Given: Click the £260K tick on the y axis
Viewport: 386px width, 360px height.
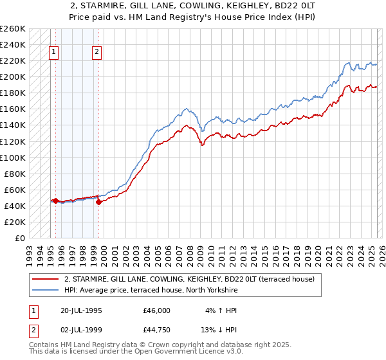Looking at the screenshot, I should click(13, 29).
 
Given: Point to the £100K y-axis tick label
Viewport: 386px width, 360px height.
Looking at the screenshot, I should click(13, 157).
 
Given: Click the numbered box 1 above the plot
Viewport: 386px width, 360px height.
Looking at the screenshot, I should click(55, 53).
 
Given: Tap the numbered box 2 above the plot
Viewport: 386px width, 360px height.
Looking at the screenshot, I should click(97, 53).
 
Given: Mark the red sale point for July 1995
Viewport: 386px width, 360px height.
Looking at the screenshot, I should click(55, 201).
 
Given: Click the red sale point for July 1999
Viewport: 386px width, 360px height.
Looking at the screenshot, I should click(98, 202).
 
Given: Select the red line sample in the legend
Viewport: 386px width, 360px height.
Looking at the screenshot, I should click(45, 279).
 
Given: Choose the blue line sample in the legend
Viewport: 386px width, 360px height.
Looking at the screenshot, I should click(45, 290).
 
